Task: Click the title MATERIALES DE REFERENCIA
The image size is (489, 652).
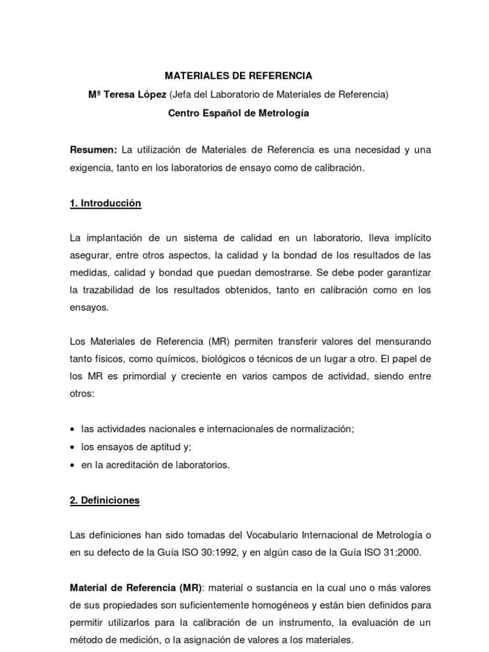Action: (239, 76)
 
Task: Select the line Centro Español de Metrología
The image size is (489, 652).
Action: (238, 113)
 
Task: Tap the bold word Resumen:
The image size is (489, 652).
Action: (93, 150)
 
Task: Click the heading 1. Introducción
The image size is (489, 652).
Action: (105, 204)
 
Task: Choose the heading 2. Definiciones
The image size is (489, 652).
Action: (104, 500)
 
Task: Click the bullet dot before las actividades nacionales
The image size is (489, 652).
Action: (73, 430)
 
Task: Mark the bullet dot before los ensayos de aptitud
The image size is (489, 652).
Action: (73, 448)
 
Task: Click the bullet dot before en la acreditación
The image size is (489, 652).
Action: (73, 465)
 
